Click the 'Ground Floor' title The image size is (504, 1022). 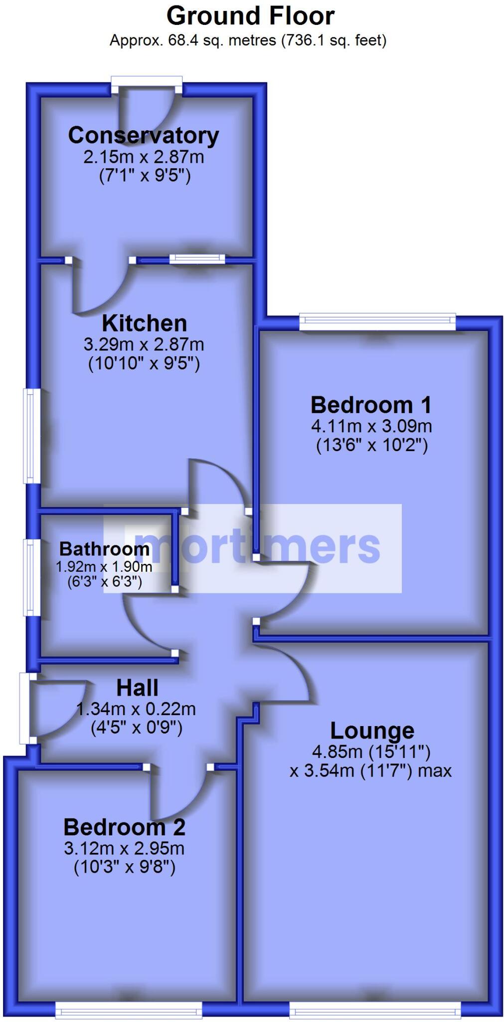250,16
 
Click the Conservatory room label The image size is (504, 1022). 144,135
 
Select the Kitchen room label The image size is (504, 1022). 144,323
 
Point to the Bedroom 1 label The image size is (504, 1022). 371,405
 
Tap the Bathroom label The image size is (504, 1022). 104,549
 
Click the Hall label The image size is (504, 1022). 137,688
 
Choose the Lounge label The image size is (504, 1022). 372,731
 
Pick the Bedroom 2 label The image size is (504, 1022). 124,827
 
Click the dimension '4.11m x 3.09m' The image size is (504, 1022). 371,426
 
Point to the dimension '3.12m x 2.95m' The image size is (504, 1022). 124,848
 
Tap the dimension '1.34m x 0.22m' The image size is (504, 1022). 136,709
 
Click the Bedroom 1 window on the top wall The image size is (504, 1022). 377,321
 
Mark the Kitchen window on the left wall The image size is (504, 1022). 32,436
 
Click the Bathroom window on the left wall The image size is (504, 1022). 32,576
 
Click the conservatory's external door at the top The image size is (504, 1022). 146,85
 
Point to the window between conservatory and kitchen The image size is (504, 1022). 197,258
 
